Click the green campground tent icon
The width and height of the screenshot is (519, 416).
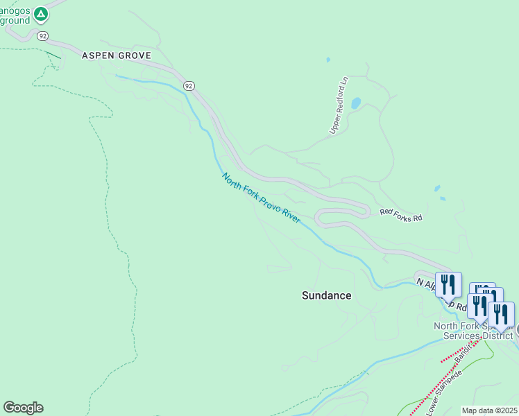[41, 13]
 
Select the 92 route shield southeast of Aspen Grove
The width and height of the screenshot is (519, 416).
[189, 85]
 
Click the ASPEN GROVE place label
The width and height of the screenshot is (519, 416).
[116, 55]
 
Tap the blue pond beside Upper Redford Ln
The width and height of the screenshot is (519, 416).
[356, 103]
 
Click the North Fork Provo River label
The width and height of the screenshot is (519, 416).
[261, 198]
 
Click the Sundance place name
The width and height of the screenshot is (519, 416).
[326, 295]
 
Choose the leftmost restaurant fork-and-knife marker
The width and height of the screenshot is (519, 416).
[448, 284]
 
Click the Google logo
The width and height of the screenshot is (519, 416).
[23, 408]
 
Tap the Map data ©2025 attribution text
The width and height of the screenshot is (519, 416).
[490, 410]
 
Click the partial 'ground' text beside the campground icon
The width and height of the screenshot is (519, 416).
[15, 20]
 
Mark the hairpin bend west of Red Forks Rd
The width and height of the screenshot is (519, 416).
[318, 218]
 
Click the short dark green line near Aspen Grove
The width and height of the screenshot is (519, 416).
[53, 55]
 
